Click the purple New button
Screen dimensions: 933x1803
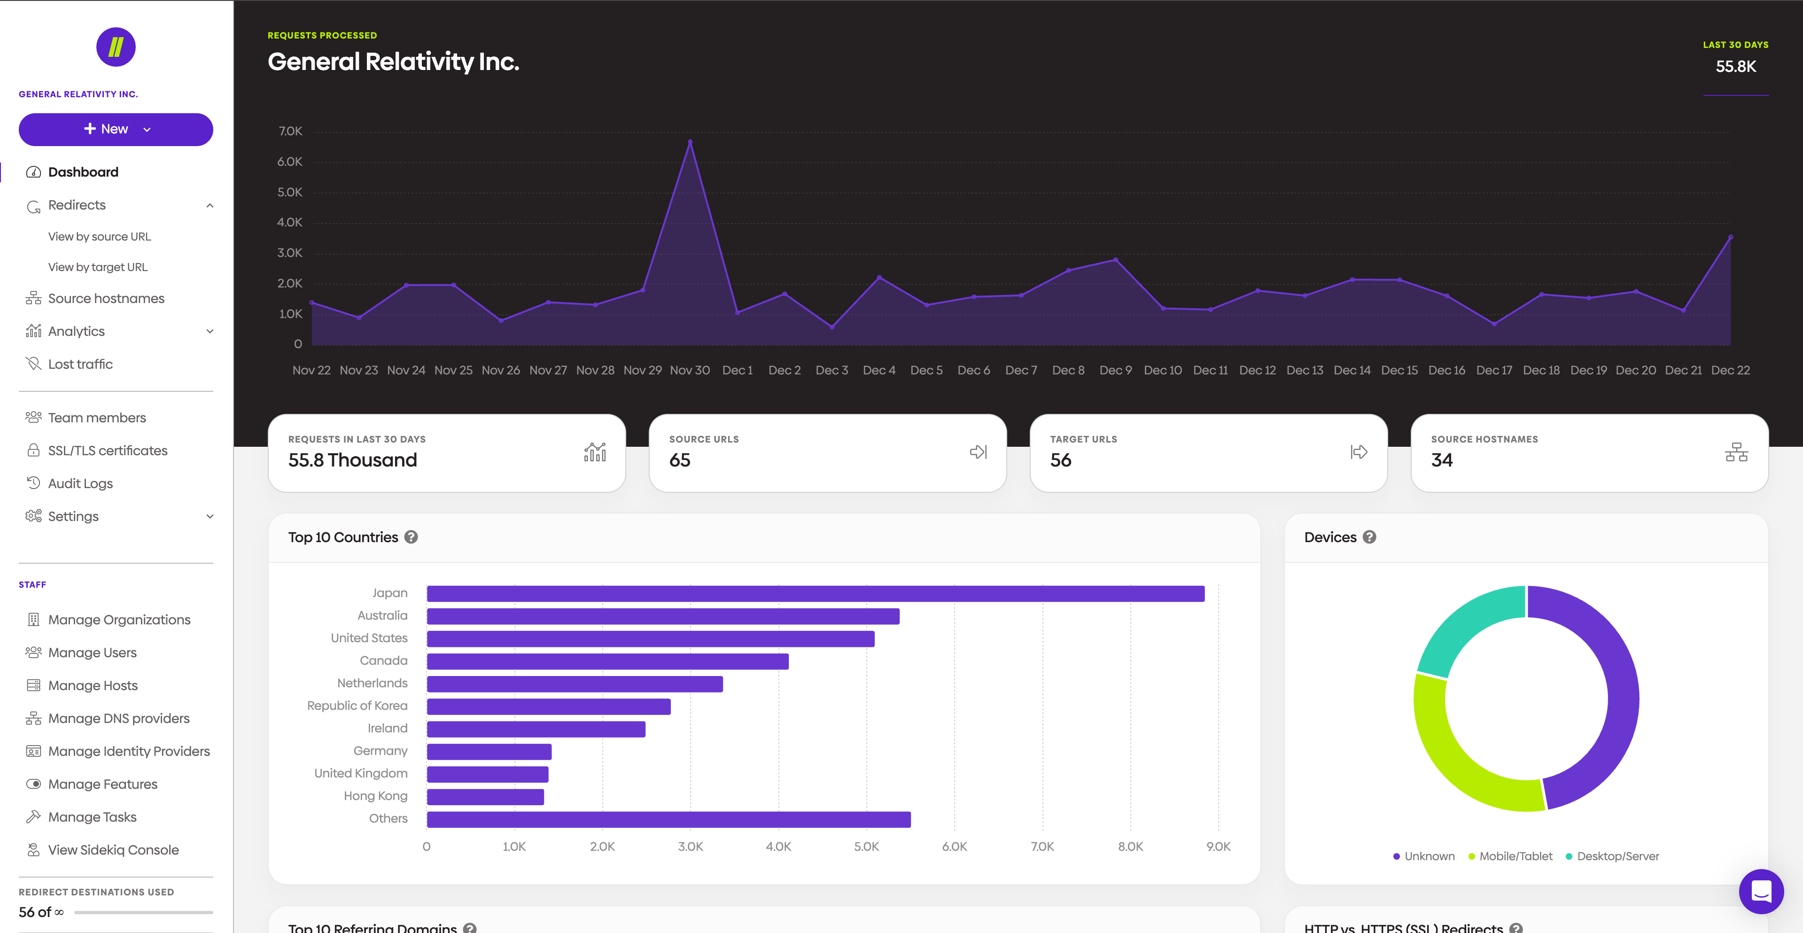click(x=116, y=130)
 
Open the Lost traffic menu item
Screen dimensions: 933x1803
click(x=80, y=364)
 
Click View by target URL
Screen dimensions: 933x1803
click(x=97, y=267)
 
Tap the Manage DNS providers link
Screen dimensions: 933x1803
click(x=118, y=719)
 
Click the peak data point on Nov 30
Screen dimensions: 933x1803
click(x=690, y=142)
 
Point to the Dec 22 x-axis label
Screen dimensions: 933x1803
click(x=1730, y=370)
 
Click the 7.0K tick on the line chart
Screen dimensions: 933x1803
click(x=290, y=132)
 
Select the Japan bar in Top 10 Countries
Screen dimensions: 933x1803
click(x=816, y=593)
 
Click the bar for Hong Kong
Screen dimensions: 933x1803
click(x=485, y=796)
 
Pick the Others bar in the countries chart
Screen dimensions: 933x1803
click(x=668, y=819)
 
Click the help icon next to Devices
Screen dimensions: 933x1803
click(x=1370, y=537)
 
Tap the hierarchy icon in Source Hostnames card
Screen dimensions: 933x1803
click(x=1736, y=452)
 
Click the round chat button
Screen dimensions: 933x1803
click(x=1761, y=891)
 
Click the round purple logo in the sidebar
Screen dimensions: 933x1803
click(x=116, y=47)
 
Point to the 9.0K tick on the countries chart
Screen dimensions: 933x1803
click(x=1218, y=846)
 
